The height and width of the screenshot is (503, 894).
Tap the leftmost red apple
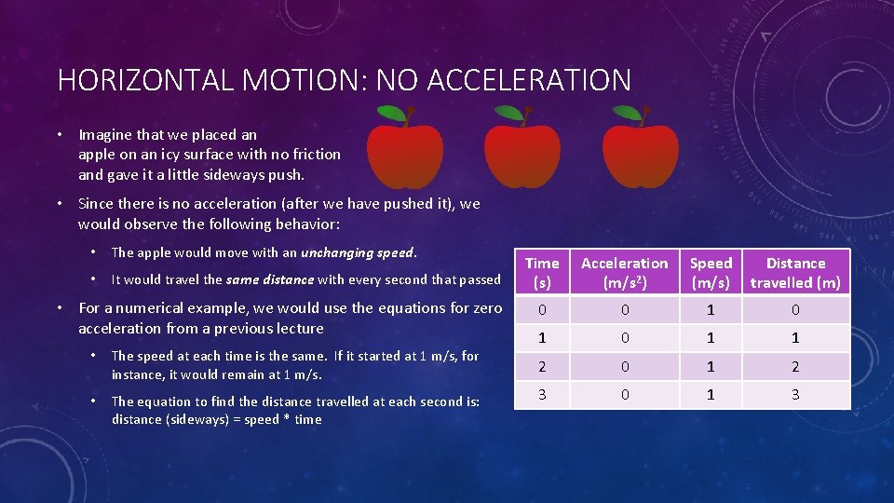point(404,154)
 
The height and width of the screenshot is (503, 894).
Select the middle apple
point(521,154)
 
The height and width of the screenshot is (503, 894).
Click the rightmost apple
point(640,154)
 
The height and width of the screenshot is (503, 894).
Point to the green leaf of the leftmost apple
point(392,115)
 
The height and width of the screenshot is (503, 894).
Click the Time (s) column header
point(542,273)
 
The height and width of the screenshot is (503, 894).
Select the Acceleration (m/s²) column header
point(624,273)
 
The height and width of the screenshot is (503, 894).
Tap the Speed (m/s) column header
point(711,273)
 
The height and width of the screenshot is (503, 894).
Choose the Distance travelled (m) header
point(795,273)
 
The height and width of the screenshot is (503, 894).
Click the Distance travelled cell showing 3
point(795,395)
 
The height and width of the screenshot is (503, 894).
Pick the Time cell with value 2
point(542,367)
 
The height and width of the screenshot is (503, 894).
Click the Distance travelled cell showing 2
point(795,367)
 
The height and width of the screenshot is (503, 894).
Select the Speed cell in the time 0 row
point(711,310)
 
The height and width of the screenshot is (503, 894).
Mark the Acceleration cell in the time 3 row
point(624,395)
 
